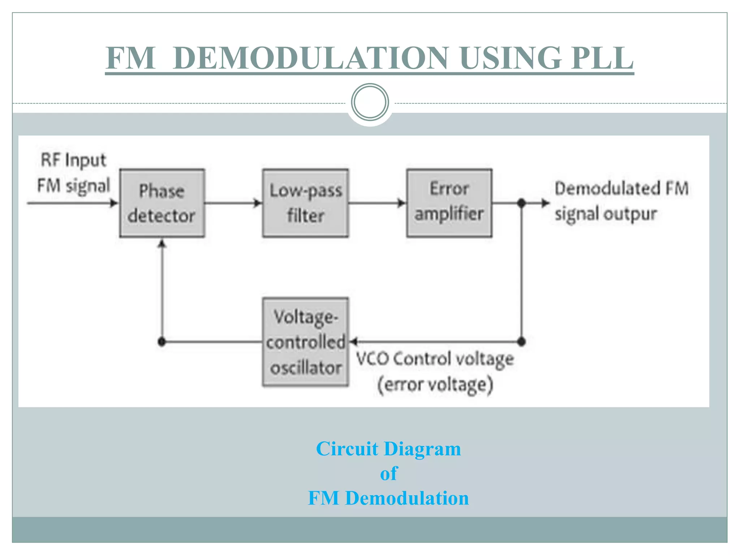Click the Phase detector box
click(162, 203)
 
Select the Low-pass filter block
click(305, 203)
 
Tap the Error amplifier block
click(449, 203)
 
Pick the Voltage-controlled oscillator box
click(305, 342)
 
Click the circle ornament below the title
click(370, 102)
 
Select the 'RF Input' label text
click(73, 160)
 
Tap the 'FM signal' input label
click(73, 186)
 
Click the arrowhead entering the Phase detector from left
click(114, 203)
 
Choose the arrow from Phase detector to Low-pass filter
click(233, 203)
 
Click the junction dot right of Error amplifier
click(521, 203)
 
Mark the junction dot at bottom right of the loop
click(521, 341)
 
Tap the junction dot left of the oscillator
click(162, 341)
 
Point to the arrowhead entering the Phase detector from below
click(162, 244)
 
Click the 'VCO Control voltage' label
click(435, 359)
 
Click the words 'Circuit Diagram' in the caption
click(388, 449)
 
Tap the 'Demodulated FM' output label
click(621, 189)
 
